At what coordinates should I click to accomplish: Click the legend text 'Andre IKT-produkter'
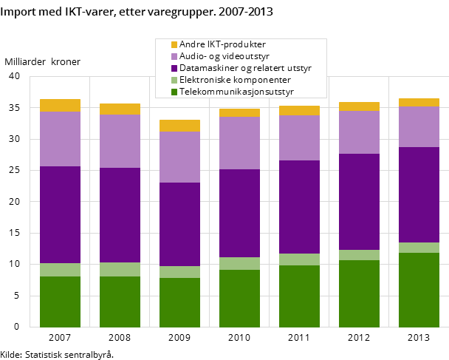[x=222, y=44]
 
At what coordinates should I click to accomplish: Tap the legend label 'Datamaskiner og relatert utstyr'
[x=245, y=68]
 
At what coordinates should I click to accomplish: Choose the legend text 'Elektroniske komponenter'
[x=235, y=80]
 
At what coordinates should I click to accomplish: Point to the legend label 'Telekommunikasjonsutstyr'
[x=236, y=92]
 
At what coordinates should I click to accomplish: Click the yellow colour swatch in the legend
[x=174, y=44]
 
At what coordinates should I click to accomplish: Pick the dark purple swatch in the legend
[x=174, y=68]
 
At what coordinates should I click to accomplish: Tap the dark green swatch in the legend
[x=174, y=92]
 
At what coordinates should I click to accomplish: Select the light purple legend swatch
[x=174, y=56]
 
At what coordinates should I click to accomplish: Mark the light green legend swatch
[x=174, y=80]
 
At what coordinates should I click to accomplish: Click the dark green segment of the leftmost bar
[x=60, y=302]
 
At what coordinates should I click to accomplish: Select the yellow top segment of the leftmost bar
[x=60, y=105]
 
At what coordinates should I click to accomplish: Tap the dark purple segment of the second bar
[x=120, y=215]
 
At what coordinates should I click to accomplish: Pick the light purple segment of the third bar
[x=179, y=157]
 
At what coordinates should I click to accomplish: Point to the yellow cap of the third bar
[x=179, y=126]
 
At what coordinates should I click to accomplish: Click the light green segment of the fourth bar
[x=239, y=263]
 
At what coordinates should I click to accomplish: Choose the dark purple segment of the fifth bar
[x=299, y=207]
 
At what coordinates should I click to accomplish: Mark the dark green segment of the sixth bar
[x=359, y=293]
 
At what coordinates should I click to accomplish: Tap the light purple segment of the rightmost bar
[x=419, y=126]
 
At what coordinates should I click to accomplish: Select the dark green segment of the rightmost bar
[x=419, y=290]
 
